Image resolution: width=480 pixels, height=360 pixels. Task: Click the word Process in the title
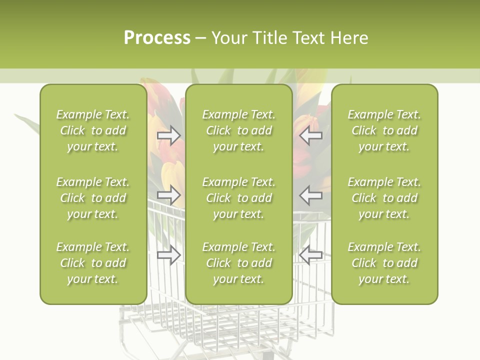click(x=157, y=38)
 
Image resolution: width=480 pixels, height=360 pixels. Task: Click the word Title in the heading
click(x=270, y=38)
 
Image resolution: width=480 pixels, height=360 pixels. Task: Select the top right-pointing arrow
click(x=169, y=135)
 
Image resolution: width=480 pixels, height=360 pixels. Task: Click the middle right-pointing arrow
click(x=169, y=195)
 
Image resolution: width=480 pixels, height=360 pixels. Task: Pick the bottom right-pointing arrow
click(x=169, y=255)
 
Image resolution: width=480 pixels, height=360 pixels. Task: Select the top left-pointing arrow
click(x=310, y=135)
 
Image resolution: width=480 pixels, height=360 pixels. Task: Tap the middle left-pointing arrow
click(x=310, y=195)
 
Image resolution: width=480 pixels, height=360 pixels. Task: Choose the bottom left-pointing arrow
click(x=310, y=255)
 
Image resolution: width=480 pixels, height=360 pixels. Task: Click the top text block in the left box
click(x=93, y=130)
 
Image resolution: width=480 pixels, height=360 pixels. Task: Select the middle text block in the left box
click(x=93, y=198)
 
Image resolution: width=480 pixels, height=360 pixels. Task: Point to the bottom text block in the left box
click(x=93, y=263)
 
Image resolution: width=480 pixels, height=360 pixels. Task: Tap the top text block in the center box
click(x=238, y=130)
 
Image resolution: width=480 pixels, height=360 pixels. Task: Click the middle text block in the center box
click(x=238, y=198)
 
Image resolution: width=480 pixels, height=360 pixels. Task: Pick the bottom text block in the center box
click(x=238, y=263)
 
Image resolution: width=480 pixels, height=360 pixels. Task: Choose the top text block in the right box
click(x=384, y=130)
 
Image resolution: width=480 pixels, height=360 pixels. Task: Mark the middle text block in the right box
click(x=384, y=198)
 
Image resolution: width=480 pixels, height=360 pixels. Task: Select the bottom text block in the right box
click(x=384, y=263)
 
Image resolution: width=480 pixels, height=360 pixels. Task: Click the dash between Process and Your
click(x=201, y=38)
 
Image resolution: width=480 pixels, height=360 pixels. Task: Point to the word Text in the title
click(x=307, y=38)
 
